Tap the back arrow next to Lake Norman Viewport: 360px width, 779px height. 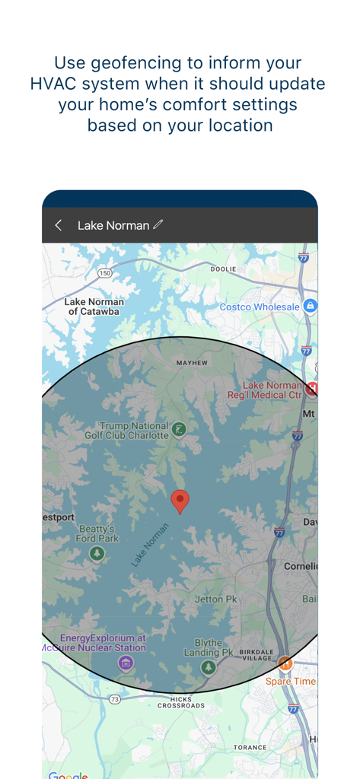[59, 225]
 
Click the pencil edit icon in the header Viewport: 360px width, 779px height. [158, 224]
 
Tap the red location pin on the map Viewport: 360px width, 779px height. [180, 501]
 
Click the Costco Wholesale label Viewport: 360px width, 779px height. [260, 307]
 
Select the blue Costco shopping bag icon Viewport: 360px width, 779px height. [310, 306]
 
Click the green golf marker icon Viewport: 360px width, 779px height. [179, 430]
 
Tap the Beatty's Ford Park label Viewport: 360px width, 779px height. [97, 533]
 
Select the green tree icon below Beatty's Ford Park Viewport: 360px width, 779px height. [97, 553]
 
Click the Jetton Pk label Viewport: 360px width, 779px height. [215, 599]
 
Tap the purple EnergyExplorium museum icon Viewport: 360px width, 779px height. [126, 663]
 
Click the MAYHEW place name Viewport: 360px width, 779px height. [192, 363]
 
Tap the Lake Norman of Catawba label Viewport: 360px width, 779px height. [94, 307]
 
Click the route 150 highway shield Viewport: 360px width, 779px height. [104, 273]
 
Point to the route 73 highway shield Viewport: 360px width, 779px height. [115, 698]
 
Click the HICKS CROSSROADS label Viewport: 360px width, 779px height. [181, 701]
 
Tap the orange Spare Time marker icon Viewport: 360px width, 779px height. [285, 663]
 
